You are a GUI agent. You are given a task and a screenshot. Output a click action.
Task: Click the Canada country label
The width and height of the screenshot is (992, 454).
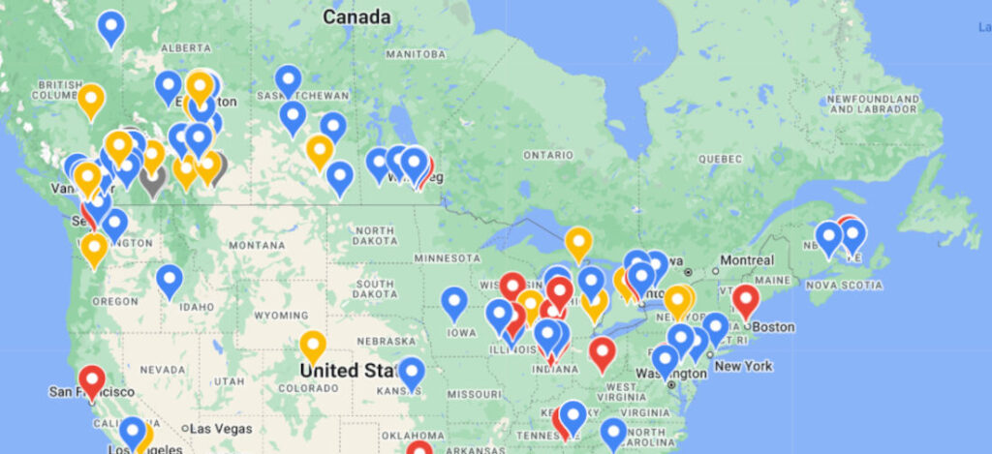356,16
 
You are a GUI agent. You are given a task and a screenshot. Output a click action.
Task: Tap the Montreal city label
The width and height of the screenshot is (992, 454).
747,260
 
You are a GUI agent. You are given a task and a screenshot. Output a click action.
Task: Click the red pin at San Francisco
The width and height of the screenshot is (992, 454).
92,381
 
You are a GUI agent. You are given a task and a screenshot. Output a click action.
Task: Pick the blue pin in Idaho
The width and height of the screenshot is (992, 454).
170,281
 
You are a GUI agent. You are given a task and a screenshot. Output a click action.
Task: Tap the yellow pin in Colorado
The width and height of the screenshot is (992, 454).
312,347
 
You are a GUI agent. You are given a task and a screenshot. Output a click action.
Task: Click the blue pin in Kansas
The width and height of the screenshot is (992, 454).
412,373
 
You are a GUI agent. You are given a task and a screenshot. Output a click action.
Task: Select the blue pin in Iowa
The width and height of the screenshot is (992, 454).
454,302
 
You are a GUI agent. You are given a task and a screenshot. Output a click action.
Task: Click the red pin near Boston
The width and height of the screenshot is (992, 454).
745,301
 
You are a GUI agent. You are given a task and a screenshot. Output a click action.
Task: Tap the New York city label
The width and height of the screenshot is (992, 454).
743,366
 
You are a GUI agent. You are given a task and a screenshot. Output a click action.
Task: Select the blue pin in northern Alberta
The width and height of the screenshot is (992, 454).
111,26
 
